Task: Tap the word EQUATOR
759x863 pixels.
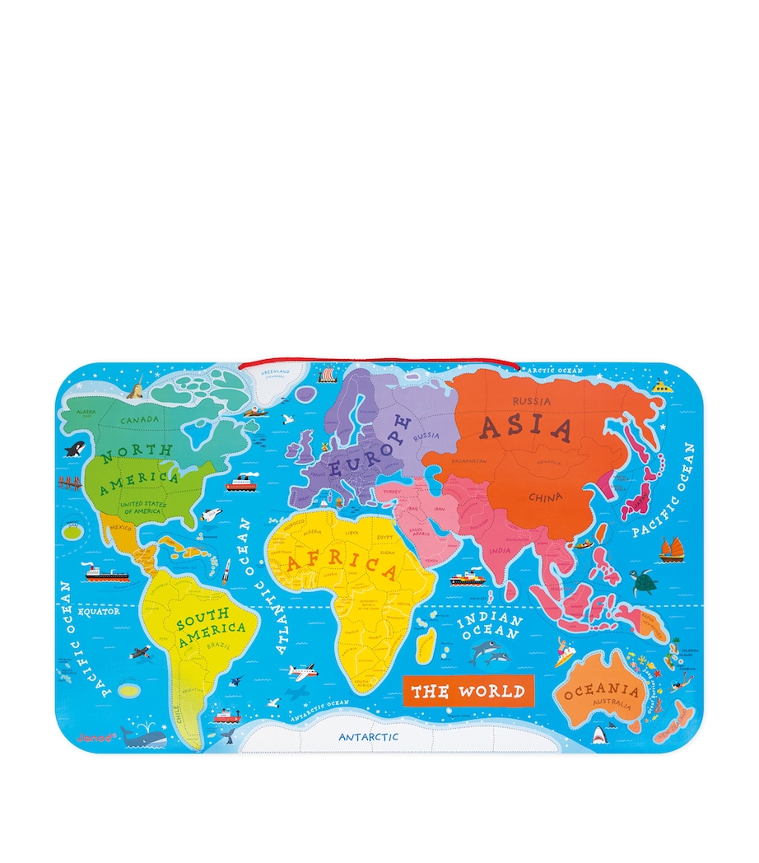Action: click(100, 611)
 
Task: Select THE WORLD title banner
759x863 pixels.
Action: click(467, 690)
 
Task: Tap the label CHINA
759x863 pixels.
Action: click(545, 497)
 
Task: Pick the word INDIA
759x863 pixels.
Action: click(500, 550)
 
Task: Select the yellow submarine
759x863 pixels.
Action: click(663, 385)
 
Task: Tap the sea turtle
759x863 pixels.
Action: click(643, 581)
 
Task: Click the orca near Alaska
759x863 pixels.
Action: click(75, 450)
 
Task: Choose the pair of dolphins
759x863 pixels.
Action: click(489, 654)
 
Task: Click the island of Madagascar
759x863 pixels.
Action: click(425, 645)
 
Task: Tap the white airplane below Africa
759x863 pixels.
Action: click(301, 672)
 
